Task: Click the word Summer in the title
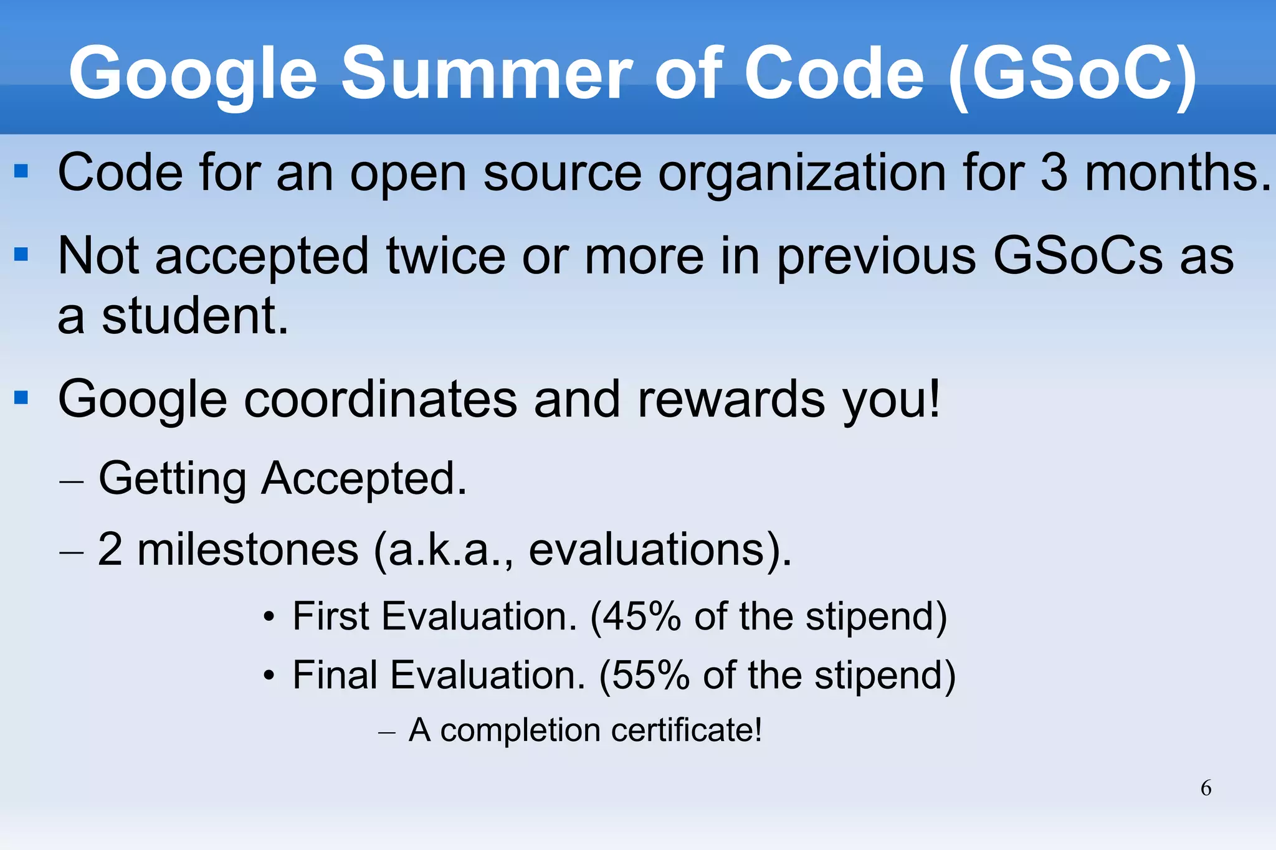coord(487,73)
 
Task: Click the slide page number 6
coord(1206,788)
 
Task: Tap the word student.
coord(195,316)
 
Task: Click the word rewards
coord(731,399)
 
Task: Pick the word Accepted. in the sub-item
coord(364,478)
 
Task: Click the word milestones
coord(247,549)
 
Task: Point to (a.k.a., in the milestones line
coord(443,550)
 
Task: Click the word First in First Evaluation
coord(330,616)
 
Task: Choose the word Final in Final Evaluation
coord(335,675)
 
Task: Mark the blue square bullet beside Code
coord(21,171)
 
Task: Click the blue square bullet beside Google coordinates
coord(21,397)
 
